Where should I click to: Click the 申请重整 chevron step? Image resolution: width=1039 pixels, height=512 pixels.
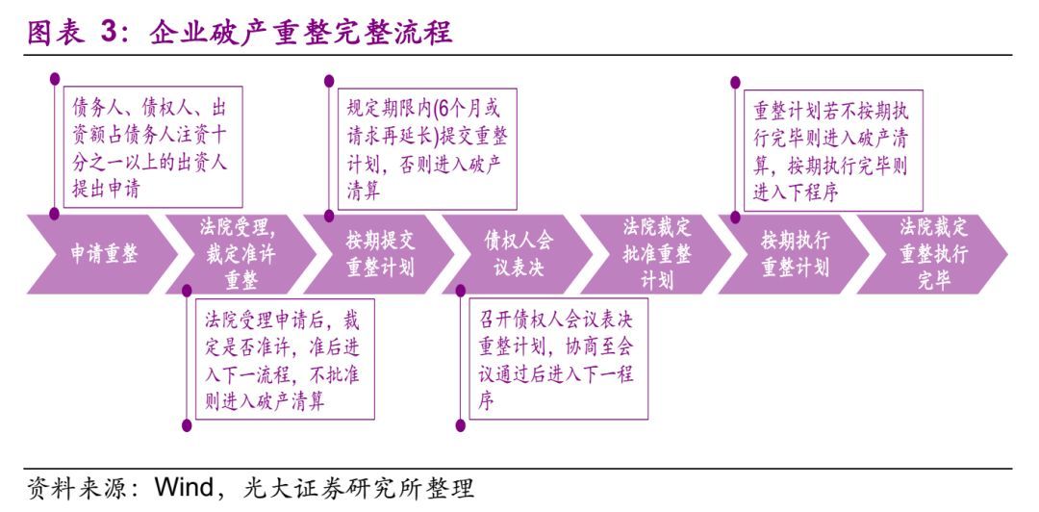(103, 254)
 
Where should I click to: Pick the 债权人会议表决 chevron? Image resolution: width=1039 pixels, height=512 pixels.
(519, 254)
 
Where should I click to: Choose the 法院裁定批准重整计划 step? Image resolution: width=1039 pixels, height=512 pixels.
(657, 254)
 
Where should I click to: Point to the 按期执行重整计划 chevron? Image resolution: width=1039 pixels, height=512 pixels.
(795, 254)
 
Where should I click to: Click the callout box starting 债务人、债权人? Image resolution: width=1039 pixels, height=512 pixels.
(152, 147)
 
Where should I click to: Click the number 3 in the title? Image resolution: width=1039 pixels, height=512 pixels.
(108, 33)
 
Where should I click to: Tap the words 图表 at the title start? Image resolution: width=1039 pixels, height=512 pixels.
(55, 33)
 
